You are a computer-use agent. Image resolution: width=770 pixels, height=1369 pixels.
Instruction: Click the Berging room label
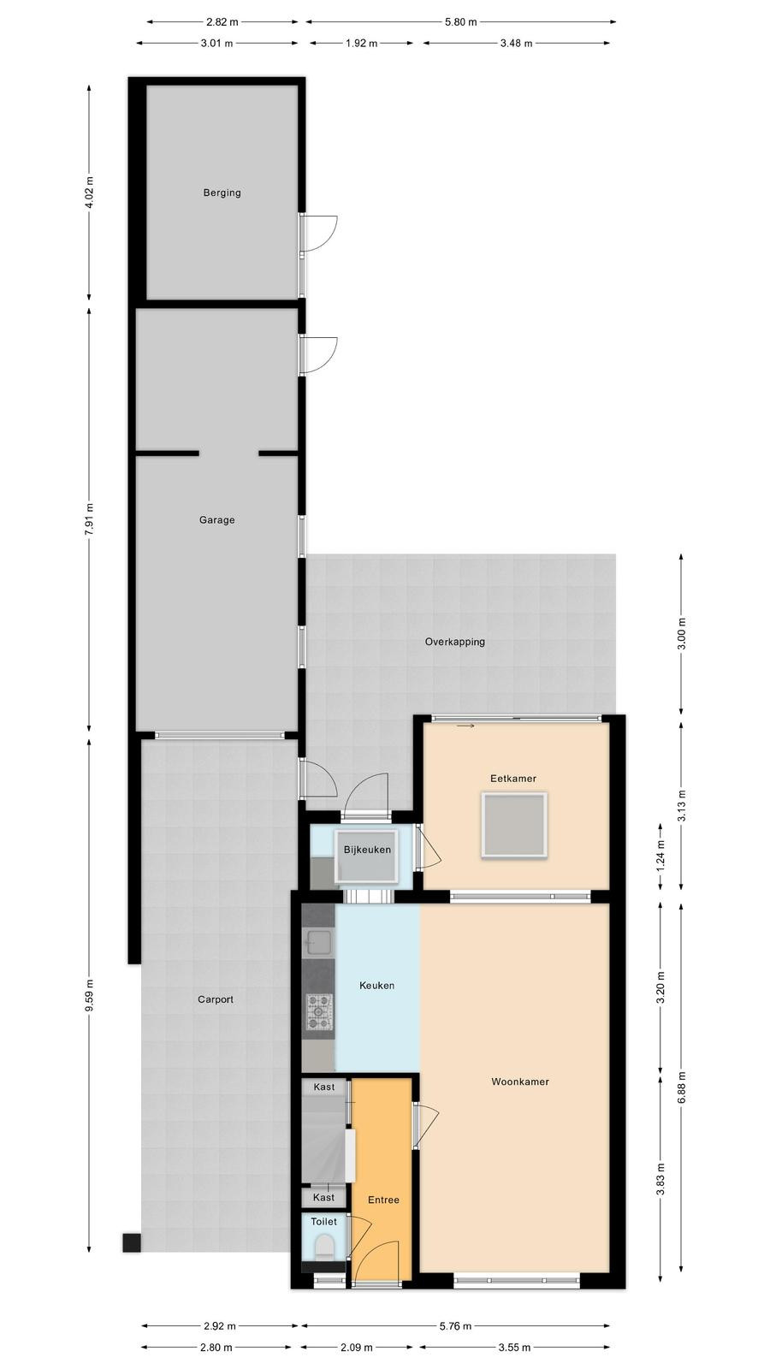click(222, 193)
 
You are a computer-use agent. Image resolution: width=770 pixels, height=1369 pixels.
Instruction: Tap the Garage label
click(217, 520)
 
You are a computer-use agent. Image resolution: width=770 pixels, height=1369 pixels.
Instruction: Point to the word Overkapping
click(455, 642)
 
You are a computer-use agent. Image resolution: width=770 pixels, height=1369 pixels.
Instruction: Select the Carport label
click(216, 1000)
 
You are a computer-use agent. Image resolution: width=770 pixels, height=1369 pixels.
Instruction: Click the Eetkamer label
click(513, 779)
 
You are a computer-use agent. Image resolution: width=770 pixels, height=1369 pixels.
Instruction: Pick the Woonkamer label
click(520, 1082)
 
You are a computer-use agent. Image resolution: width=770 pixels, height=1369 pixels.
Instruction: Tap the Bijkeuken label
click(367, 850)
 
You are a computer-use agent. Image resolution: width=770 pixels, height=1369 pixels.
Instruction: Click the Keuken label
click(377, 985)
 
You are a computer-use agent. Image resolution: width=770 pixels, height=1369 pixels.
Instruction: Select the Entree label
click(384, 1200)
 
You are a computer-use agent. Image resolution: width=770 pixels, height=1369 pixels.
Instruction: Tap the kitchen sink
click(318, 943)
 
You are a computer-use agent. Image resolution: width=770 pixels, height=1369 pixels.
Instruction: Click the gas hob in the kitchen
click(320, 1012)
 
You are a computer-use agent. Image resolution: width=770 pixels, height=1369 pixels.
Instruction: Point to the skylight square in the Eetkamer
click(514, 825)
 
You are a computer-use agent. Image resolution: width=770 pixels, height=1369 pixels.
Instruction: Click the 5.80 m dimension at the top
click(461, 22)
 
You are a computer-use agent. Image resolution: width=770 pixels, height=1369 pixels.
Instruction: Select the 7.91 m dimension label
click(90, 519)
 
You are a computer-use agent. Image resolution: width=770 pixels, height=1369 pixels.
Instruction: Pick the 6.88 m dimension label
click(682, 1087)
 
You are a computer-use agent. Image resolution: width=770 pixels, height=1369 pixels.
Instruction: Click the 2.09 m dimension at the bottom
click(357, 1347)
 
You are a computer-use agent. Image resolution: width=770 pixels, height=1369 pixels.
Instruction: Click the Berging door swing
click(321, 233)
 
